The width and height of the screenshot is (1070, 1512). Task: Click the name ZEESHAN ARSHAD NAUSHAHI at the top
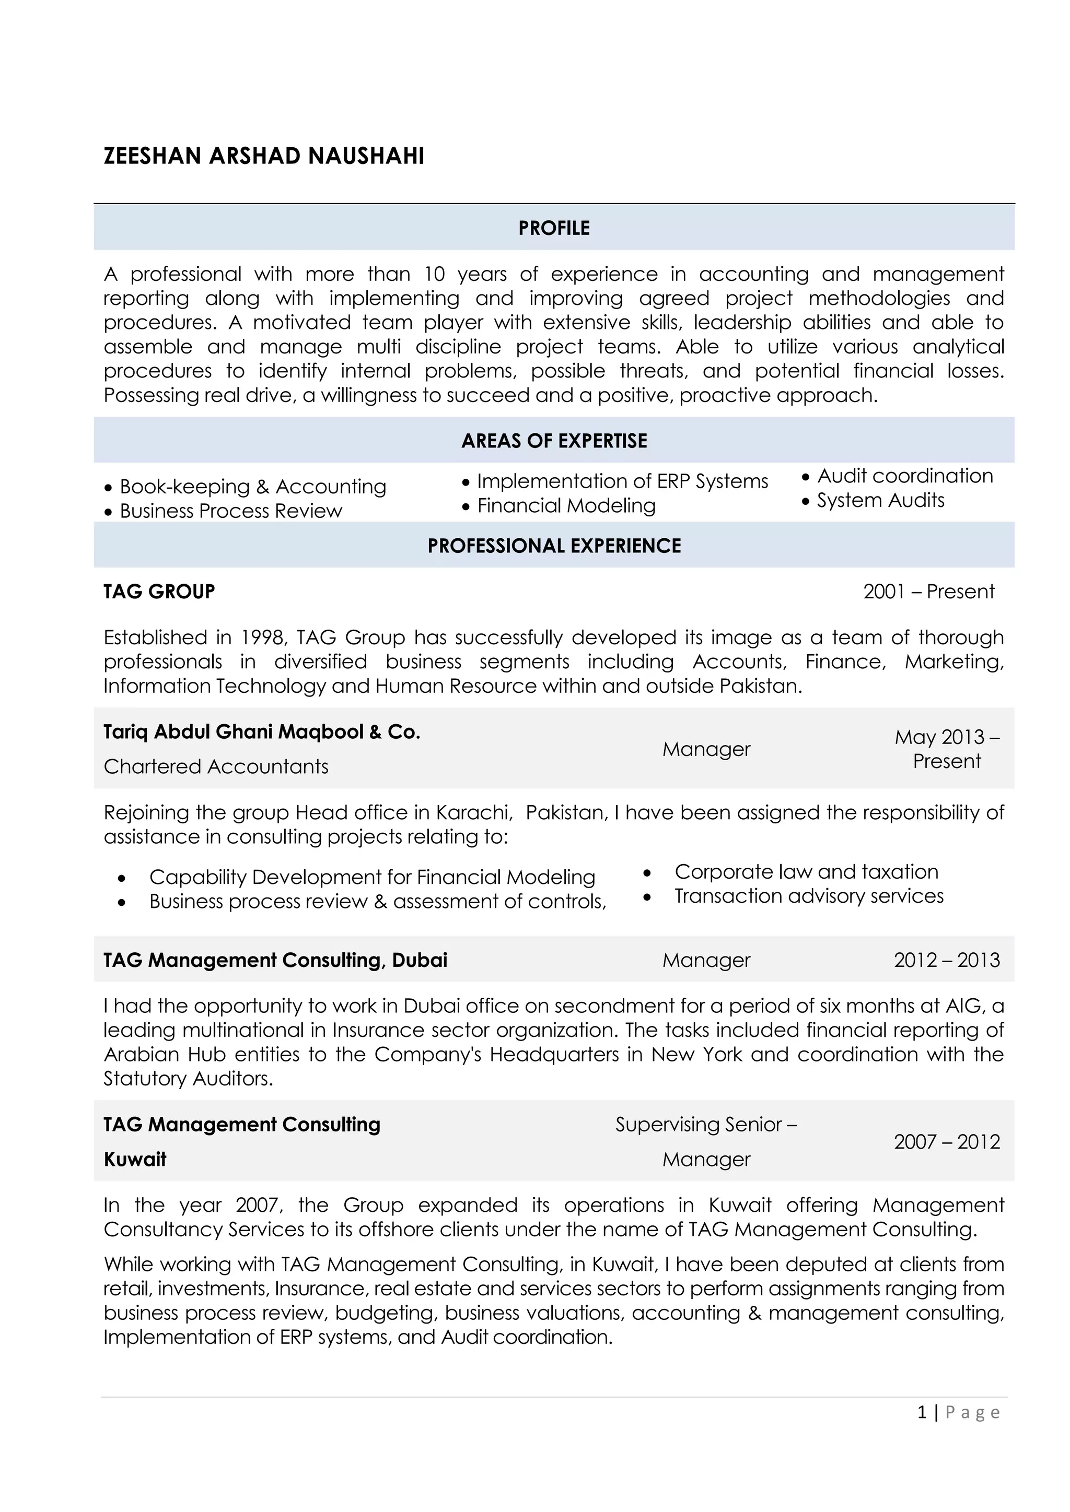click(263, 156)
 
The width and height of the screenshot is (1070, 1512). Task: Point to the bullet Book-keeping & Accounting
click(252, 487)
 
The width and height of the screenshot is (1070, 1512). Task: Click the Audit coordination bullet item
click(904, 476)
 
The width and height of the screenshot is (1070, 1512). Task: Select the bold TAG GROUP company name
click(159, 592)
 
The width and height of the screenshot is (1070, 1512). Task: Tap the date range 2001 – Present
click(928, 592)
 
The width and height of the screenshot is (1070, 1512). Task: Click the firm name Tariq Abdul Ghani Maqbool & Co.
click(262, 731)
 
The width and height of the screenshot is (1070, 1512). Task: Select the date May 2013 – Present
click(947, 749)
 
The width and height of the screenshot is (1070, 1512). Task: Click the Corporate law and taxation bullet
click(806, 871)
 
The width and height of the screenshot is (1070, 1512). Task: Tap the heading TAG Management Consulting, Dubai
click(275, 960)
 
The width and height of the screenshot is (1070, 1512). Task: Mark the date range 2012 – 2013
click(947, 960)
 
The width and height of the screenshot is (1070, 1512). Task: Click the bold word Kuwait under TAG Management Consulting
click(135, 1159)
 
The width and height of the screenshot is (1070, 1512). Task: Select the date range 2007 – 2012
click(947, 1141)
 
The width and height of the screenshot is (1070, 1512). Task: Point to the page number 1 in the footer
click(922, 1412)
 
